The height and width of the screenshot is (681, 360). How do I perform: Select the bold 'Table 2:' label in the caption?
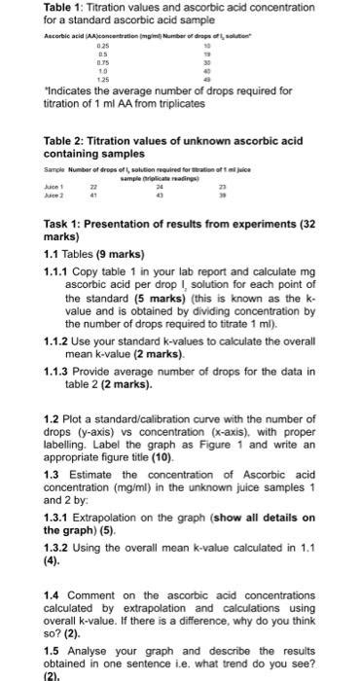coord(67,141)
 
